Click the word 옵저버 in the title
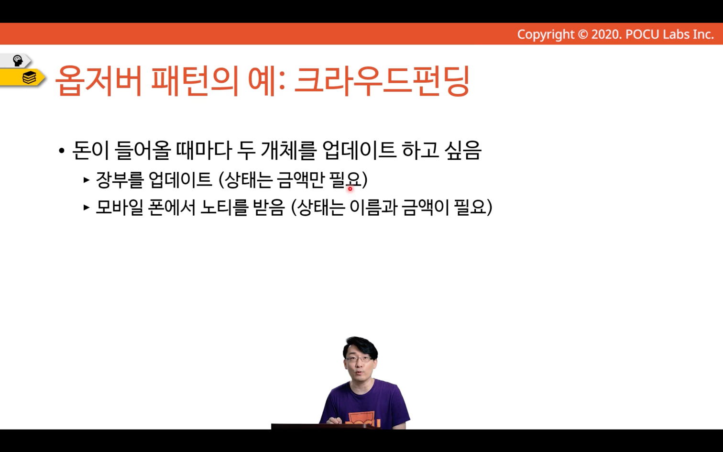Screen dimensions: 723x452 99,81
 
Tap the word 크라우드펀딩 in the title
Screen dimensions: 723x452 382,81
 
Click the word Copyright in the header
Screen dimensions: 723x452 546,34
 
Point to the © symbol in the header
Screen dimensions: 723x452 583,34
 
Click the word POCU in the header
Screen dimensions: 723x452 642,34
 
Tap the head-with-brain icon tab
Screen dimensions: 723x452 17,61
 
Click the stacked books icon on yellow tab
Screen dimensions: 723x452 29,77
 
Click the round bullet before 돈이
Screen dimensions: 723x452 62,151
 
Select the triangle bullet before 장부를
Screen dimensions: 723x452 86,180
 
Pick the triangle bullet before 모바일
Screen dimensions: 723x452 86,207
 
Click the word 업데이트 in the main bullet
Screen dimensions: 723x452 359,150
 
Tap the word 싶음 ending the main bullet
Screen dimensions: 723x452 463,150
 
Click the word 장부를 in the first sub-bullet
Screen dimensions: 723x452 120,179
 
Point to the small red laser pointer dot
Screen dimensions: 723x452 350,188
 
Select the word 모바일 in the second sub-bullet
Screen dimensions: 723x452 120,207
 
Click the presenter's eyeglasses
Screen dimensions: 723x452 358,359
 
